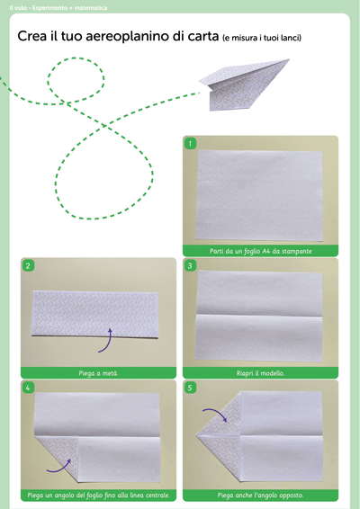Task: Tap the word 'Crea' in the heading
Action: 31,36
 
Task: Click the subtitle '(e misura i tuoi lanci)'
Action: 262,38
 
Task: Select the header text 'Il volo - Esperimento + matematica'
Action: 58,8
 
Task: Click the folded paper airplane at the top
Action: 244,85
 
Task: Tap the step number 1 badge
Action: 190,143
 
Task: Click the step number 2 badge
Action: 28,266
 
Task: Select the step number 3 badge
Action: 190,266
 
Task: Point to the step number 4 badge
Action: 28,388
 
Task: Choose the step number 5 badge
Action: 190,388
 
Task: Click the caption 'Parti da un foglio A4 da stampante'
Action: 261,251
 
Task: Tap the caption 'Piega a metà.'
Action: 98,373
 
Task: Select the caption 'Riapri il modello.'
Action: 261,373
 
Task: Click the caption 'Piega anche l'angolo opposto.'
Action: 261,496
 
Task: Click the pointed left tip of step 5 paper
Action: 196,435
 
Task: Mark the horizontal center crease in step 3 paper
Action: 259,315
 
